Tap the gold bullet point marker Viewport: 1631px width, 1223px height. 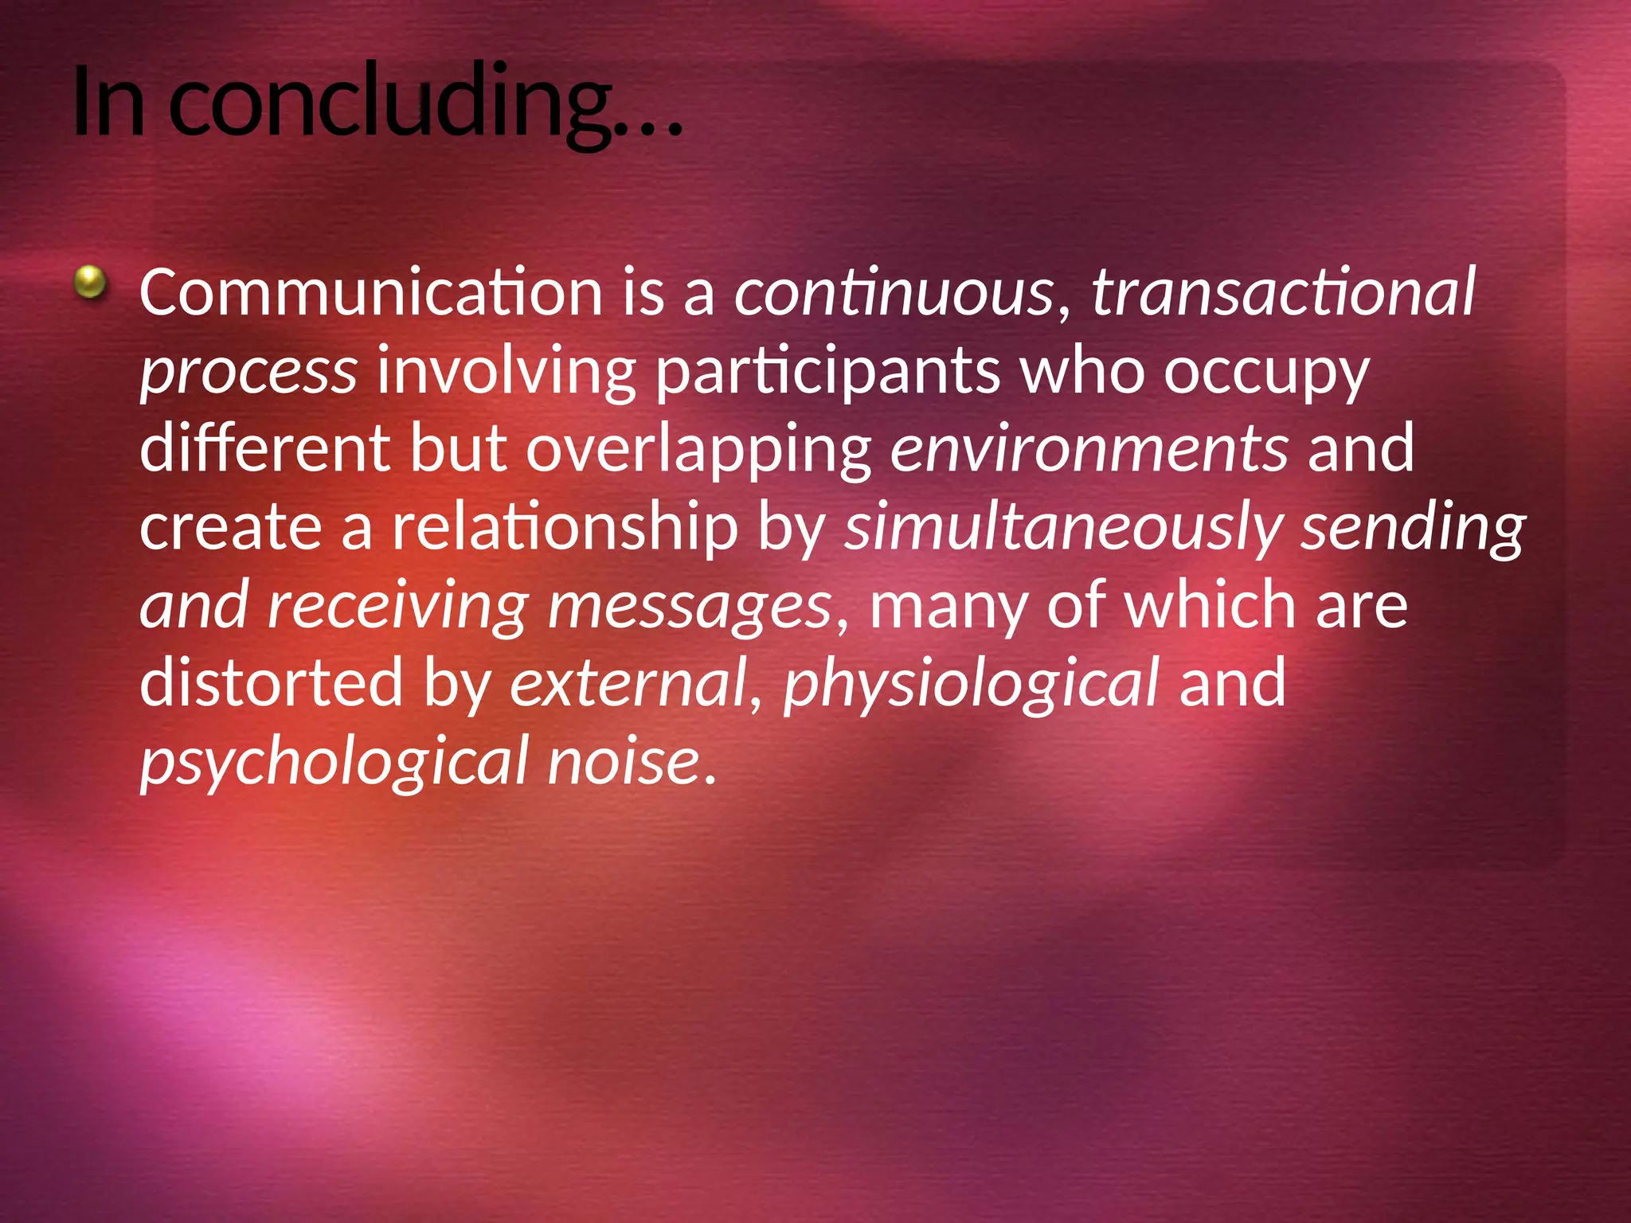coord(91,282)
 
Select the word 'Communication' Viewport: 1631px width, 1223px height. coord(370,292)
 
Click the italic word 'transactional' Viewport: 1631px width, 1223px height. coord(1282,292)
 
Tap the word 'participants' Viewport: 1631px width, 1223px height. coord(827,371)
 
